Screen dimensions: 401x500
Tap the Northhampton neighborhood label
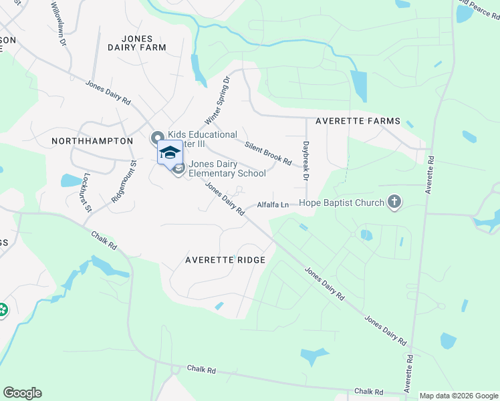pos(92,141)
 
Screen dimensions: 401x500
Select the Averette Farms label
pos(358,121)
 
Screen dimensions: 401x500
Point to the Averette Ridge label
pos(225,260)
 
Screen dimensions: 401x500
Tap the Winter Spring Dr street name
pos(217,100)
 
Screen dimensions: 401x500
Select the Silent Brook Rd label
pos(268,153)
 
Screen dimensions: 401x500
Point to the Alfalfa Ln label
pos(273,205)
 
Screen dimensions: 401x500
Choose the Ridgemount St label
pos(124,182)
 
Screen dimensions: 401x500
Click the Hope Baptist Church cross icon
pos(394,203)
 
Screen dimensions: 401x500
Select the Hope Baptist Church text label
pos(342,203)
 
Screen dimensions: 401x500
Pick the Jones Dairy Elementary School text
pos(227,168)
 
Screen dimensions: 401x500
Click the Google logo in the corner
pos(22,393)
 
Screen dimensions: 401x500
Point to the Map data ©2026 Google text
pos(458,396)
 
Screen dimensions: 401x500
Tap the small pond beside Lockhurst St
pos(70,180)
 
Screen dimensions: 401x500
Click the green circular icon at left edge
pos(2,310)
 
